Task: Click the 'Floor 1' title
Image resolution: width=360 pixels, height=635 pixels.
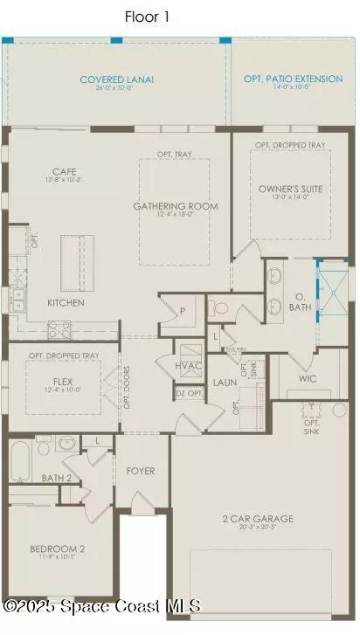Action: tap(146, 17)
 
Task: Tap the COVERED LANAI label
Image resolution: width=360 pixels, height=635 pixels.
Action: tap(116, 79)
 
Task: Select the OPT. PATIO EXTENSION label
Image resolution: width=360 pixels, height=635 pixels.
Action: tap(293, 79)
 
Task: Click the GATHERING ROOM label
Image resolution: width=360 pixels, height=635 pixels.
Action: tap(175, 206)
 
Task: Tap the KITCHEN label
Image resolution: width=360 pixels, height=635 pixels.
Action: tap(66, 303)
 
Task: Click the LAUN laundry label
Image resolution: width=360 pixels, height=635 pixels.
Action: tap(225, 382)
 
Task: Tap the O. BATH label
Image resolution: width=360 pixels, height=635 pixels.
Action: tap(298, 303)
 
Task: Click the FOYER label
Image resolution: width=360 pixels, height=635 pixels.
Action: tap(140, 471)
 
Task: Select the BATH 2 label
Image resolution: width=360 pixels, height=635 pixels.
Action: tap(57, 478)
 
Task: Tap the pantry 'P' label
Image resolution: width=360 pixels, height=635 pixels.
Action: tap(183, 310)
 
